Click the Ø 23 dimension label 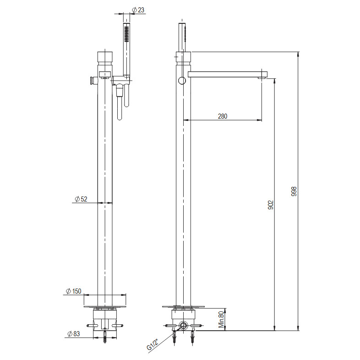(x=138, y=10)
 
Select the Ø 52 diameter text (x=81, y=199)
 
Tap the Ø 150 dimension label (x=73, y=291)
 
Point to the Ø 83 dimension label (x=73, y=334)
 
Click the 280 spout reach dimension (x=222, y=116)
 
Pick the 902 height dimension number (x=271, y=205)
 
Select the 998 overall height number (x=294, y=191)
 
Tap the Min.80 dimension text (x=221, y=319)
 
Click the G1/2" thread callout (x=153, y=345)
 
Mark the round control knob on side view (x=182, y=81)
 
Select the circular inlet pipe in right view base (x=184, y=326)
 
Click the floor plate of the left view (x=105, y=306)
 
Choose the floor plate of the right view (x=183, y=306)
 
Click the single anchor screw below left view (x=105, y=339)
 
